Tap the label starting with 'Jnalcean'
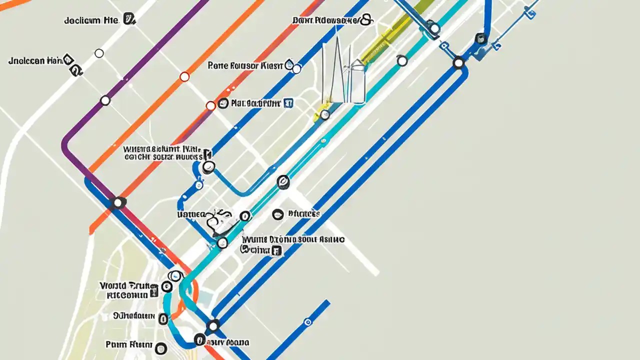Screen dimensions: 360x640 (x=35, y=61)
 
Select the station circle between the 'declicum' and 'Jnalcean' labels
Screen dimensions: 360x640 (x=99, y=53)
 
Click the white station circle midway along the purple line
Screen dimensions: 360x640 (x=105, y=100)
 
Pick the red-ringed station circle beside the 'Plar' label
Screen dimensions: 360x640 (x=210, y=105)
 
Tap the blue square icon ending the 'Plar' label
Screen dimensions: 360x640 (x=287, y=103)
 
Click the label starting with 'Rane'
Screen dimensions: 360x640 (x=244, y=65)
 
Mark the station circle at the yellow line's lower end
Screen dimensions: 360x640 (x=325, y=115)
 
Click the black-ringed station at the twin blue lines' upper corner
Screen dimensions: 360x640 (x=458, y=63)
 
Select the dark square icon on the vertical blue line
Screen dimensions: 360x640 (x=480, y=38)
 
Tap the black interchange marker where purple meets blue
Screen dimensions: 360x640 (x=118, y=202)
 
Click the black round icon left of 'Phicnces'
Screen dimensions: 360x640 (x=277, y=214)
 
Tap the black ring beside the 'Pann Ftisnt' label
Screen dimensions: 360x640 (x=160, y=348)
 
